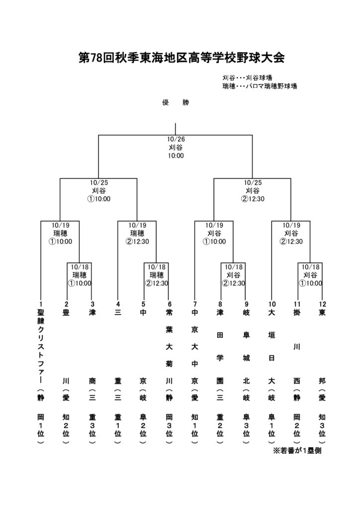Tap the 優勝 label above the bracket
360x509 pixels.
176,103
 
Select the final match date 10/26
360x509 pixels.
176,140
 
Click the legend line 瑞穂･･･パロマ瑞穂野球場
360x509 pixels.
260,86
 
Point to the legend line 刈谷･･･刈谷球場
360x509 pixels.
247,78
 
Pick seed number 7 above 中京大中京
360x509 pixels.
195,304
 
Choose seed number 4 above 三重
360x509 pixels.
118,304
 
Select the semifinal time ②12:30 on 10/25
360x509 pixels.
253,198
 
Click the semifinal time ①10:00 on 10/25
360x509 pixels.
98,198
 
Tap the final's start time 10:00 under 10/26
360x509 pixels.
176,156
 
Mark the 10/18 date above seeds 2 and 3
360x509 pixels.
80,267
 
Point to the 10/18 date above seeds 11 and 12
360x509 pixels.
310,267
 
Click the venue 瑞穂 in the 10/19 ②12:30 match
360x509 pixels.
137,233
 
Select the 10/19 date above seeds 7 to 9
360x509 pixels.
214,225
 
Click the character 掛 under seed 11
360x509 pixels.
297,314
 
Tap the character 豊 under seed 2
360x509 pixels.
66,314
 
